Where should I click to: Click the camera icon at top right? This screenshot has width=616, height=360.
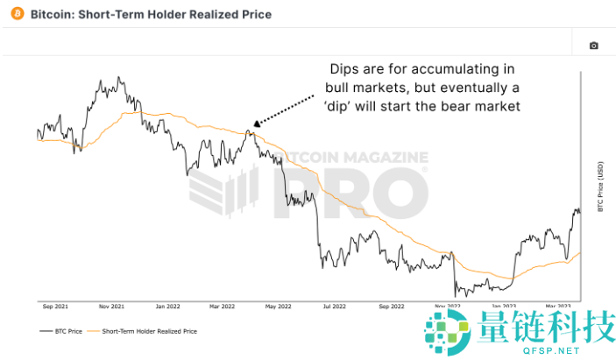(593, 46)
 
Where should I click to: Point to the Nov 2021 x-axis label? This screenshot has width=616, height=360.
(110, 307)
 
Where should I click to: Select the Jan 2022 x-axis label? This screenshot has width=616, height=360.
(166, 307)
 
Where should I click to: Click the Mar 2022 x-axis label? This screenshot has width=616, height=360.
(223, 307)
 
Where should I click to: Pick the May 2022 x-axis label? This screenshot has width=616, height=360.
(277, 307)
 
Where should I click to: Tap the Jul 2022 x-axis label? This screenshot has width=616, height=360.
(333, 307)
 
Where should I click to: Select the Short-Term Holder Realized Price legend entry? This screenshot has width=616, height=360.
(148, 332)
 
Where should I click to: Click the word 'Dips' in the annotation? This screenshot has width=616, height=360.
(344, 69)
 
